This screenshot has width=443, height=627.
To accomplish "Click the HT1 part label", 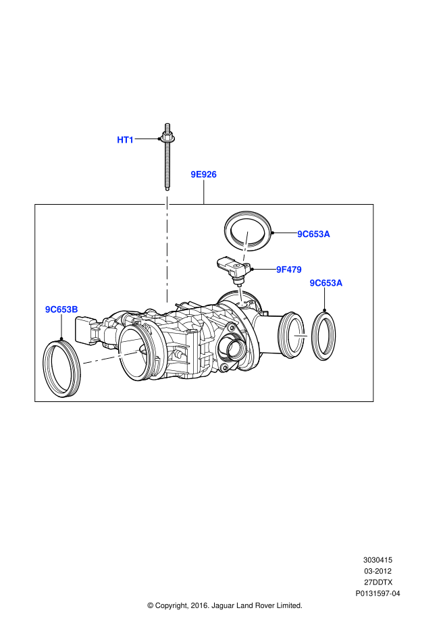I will (126, 140).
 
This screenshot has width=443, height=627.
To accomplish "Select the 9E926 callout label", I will (203, 174).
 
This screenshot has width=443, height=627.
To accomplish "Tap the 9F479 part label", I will (288, 270).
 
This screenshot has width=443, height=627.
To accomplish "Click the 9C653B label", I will (61, 309).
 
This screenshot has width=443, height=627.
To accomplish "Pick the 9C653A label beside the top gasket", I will (313, 234).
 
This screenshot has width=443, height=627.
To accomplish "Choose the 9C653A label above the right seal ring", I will (326, 283).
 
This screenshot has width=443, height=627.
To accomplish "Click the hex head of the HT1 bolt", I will (166, 138).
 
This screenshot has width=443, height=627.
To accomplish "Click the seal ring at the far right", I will (325, 334).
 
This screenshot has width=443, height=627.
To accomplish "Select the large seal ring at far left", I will (61, 368).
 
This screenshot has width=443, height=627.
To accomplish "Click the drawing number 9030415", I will (377, 560).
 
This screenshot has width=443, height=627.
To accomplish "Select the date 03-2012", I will (377, 571).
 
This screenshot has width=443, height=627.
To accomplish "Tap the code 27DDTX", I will (377, 582).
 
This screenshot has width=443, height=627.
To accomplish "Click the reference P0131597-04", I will (377, 594).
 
